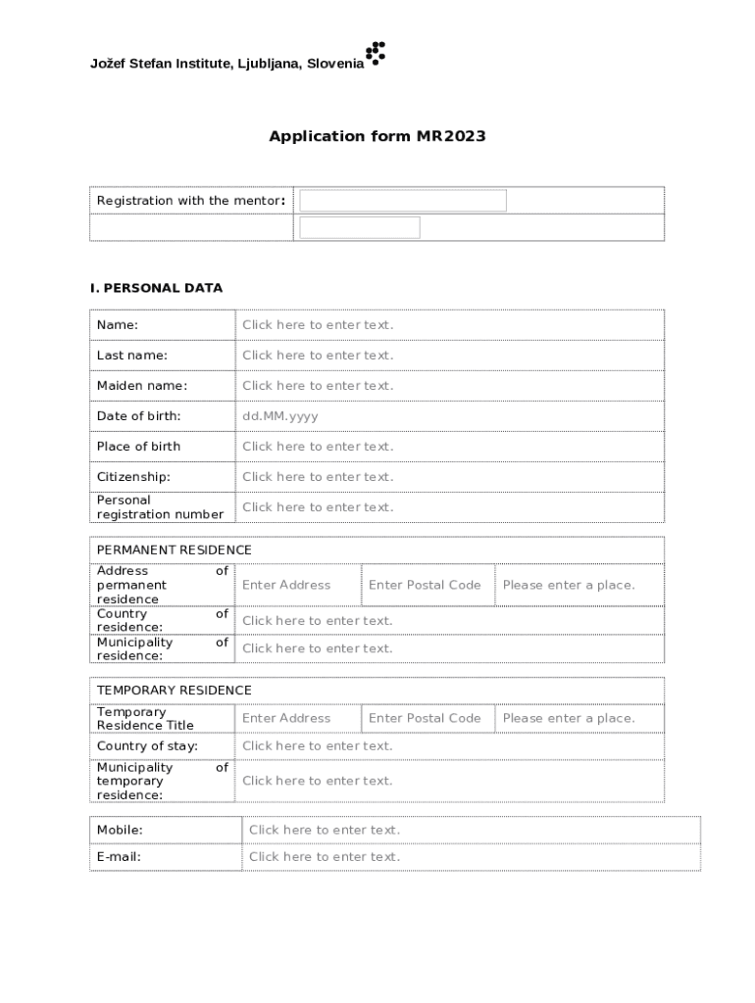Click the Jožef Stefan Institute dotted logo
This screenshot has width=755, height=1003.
(376, 54)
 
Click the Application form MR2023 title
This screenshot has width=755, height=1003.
(377, 136)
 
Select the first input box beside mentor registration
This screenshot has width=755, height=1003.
(403, 201)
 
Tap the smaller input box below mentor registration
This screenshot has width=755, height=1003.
(360, 227)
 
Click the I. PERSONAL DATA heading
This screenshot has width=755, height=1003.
(156, 288)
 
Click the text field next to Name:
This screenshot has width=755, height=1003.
(318, 325)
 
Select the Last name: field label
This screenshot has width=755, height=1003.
(132, 356)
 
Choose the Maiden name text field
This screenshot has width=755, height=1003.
(318, 386)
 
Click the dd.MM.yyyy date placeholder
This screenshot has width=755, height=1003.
(280, 416)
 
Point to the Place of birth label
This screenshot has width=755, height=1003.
(139, 447)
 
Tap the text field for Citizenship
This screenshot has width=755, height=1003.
(318, 477)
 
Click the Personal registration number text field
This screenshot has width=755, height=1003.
(318, 507)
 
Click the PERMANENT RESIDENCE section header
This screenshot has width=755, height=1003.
(175, 550)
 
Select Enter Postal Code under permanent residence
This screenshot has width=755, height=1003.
(425, 585)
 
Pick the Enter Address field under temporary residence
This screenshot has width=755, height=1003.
(286, 718)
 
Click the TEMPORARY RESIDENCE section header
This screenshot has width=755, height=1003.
(175, 691)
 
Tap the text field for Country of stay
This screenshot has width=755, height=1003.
(318, 746)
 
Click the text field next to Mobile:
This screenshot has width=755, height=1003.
(325, 831)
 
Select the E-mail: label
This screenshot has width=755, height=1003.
(119, 857)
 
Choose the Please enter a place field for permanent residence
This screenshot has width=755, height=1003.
(569, 585)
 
